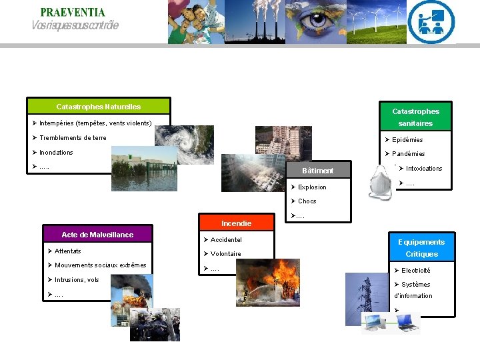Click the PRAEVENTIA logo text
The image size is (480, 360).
tap(72, 12)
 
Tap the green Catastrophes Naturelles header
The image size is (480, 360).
tap(98, 107)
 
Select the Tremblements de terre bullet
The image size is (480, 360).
tap(73, 138)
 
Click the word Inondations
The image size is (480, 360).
tap(56, 153)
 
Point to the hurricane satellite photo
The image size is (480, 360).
tap(185, 144)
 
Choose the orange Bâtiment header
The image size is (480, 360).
tap(317, 171)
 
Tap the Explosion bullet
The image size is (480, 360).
tap(312, 187)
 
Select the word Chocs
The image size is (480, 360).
tap(307, 201)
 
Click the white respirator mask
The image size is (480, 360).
tap(381, 183)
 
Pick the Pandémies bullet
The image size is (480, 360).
tap(408, 154)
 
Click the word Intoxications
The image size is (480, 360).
tap(424, 169)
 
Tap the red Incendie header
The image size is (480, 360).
tap(236, 223)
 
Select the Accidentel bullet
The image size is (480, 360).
tap(226, 240)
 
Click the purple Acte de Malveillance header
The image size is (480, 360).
tap(97, 235)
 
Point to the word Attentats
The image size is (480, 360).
tap(68, 251)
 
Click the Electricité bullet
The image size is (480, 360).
tap(415, 271)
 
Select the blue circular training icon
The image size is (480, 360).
tap(431, 22)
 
